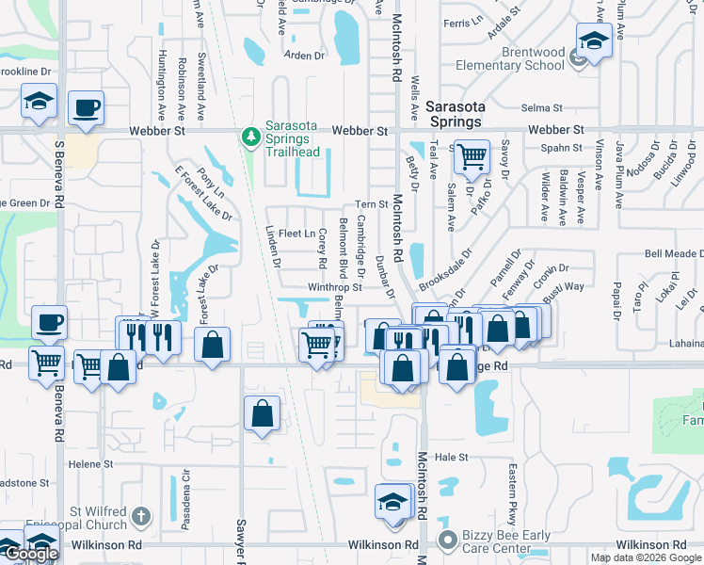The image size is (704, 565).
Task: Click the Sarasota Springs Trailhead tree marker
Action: point(250,137)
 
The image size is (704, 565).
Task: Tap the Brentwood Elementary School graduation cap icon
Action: point(593,43)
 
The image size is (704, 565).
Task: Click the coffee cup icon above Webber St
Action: point(86,107)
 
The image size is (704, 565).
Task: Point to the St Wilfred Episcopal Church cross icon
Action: point(140,516)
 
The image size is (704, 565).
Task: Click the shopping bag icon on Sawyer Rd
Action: point(262,412)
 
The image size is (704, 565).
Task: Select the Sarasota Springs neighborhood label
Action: point(454,113)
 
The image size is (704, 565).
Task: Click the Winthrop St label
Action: point(333,288)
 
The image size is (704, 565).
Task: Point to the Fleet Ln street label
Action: point(296,234)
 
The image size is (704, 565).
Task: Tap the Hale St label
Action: point(451,457)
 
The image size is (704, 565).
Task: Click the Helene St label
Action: point(89,464)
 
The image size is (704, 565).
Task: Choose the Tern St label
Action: point(372,204)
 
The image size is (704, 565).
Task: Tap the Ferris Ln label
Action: point(461,23)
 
